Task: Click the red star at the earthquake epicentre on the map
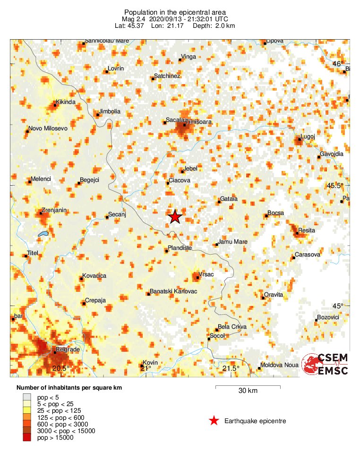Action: [175, 216]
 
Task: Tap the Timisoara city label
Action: [199, 122]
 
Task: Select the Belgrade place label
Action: [68, 349]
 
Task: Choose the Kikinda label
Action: [66, 102]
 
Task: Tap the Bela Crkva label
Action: [232, 326]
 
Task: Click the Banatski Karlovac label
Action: [173, 291]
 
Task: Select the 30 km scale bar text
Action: [248, 391]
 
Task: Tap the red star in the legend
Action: [214, 421]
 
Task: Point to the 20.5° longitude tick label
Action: [61, 368]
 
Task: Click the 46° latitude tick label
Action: [337, 64]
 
